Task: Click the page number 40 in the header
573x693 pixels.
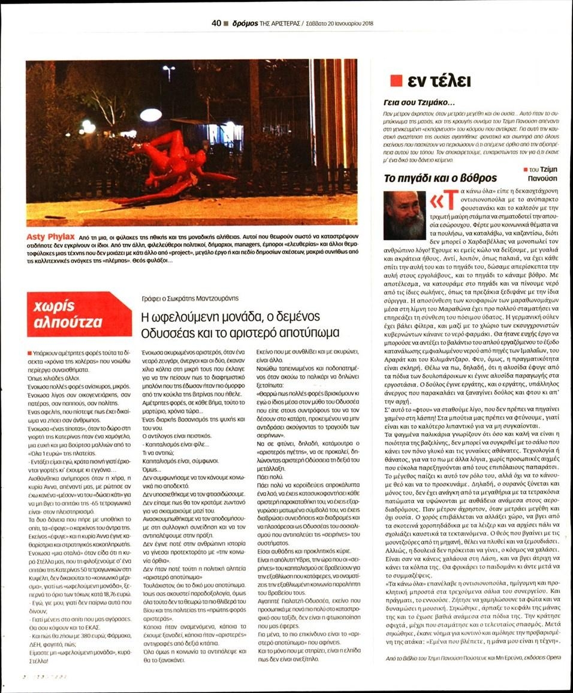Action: coord(216,24)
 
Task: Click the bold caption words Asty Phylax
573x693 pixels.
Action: coord(48,237)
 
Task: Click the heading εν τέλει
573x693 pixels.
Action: coord(439,81)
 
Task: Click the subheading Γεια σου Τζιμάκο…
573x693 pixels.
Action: coord(419,102)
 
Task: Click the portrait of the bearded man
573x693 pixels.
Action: coord(405,215)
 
